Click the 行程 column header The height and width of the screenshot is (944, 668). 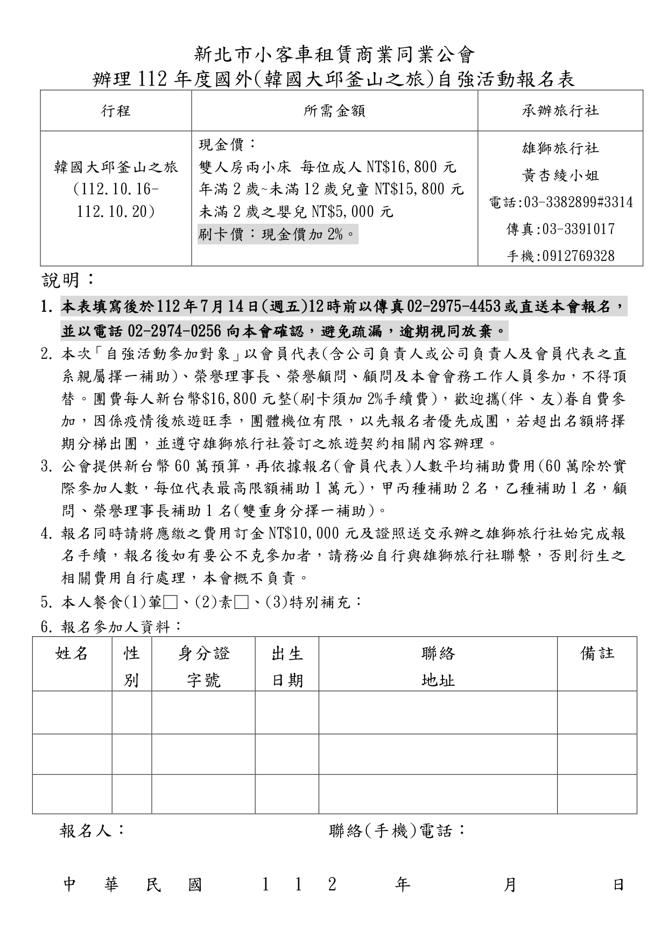116,111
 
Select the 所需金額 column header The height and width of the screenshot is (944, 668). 334,111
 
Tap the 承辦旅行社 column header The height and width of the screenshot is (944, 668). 560,111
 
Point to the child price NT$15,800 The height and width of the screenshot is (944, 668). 419,189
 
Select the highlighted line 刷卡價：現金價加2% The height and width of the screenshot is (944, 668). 277,235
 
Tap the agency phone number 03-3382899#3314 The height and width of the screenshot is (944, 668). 578,203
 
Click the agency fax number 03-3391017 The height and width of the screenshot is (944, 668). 578,229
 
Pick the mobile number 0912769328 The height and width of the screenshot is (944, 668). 578,256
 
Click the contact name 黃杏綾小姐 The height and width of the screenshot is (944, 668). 560,176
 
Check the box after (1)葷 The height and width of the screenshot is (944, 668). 170,602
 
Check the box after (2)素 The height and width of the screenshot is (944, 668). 241,602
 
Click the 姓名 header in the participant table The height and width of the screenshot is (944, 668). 72,654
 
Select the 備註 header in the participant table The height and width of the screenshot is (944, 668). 597,653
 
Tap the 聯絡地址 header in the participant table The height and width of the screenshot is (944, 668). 438,667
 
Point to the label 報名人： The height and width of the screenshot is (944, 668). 92,831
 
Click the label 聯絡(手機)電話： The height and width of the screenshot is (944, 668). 397,831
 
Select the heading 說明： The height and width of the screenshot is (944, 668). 69,280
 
